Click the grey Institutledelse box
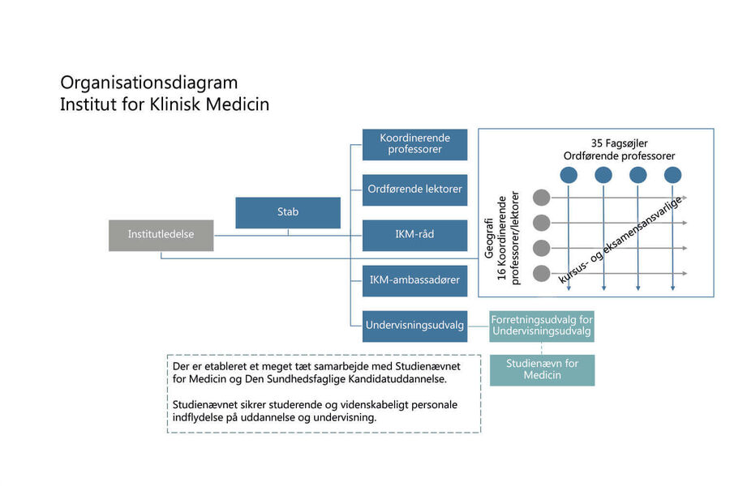pyautogui.click(x=161, y=236)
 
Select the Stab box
pyautogui.click(x=288, y=212)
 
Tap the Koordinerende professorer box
pyautogui.click(x=414, y=145)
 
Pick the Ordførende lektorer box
pyautogui.click(x=414, y=190)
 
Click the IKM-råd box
pyautogui.click(x=414, y=236)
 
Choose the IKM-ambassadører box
pyautogui.click(x=414, y=281)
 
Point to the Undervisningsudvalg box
pyautogui.click(x=414, y=326)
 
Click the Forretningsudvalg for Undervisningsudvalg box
pyautogui.click(x=542, y=326)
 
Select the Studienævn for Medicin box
pyautogui.click(x=542, y=370)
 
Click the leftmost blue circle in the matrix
pyautogui.click(x=569, y=175)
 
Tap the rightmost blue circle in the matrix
pyautogui.click(x=672, y=175)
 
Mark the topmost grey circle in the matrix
pyautogui.click(x=542, y=197)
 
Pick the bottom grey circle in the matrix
pyautogui.click(x=542, y=273)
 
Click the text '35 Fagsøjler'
pyautogui.click(x=619, y=143)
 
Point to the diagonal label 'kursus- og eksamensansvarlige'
pyautogui.click(x=621, y=240)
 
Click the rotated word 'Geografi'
pyautogui.click(x=489, y=238)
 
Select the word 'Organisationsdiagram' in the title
pyautogui.click(x=149, y=83)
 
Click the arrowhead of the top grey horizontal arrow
pyautogui.click(x=685, y=198)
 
